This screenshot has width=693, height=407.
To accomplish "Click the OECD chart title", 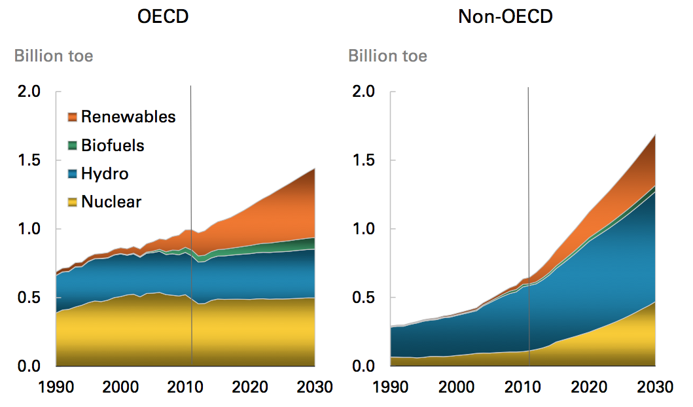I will point(163,16).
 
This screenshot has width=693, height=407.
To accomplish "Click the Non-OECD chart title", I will point(505,16).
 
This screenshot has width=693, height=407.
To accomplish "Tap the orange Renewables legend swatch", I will point(73,117).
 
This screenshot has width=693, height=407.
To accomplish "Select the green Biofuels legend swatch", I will point(73,145).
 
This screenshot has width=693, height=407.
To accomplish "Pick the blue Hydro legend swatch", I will point(73,174).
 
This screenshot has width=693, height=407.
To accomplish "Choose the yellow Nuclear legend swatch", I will point(73,202).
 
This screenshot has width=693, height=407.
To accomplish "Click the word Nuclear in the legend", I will point(111,202).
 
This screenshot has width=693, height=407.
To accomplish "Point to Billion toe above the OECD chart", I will point(54,56).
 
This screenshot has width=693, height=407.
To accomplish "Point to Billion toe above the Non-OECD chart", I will point(387,56).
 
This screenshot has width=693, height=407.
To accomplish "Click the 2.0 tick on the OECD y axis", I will point(29,92).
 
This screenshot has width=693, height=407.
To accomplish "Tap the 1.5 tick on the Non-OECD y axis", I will point(363,160).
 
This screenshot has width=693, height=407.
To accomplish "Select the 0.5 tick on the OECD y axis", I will point(29,298).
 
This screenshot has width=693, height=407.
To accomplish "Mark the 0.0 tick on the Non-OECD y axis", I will point(363,366).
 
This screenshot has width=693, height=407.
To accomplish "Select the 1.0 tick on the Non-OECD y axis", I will point(363,229).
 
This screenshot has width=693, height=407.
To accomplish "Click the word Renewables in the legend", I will point(128,117).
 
